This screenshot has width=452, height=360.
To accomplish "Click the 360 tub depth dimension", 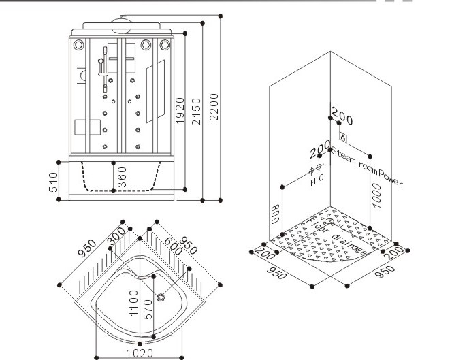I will (122, 178).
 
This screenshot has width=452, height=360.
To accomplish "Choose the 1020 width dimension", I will (140, 353).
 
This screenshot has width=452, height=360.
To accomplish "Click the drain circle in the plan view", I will (161, 296).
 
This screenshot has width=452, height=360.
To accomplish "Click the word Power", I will (391, 179).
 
